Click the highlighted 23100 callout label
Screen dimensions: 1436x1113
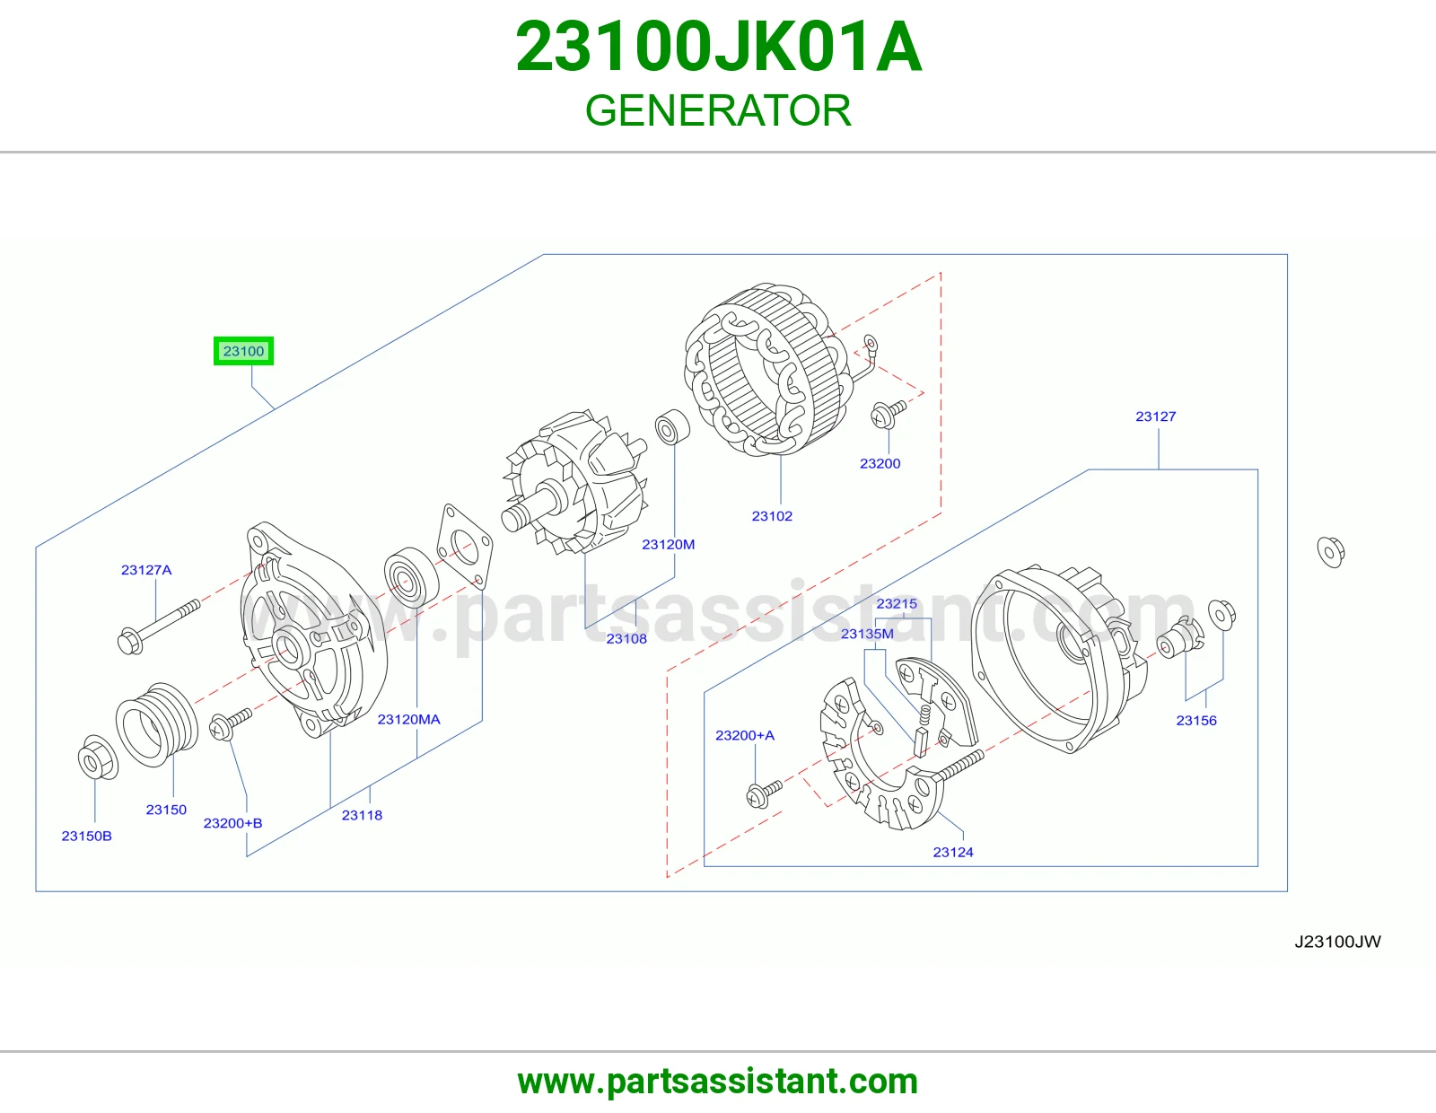pyautogui.click(x=243, y=350)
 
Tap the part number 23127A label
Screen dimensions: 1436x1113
pyautogui.click(x=146, y=570)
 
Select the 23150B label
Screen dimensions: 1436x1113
pyautogui.click(x=86, y=836)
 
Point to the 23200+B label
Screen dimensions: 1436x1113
pyautogui.click(x=232, y=823)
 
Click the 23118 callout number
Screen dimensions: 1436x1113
pyautogui.click(x=362, y=815)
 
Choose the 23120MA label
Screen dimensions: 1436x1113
pyautogui.click(x=408, y=719)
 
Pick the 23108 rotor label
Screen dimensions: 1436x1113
pyautogui.click(x=626, y=638)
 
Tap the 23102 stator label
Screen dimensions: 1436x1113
pyautogui.click(x=772, y=516)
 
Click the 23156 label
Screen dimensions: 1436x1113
pyautogui.click(x=1196, y=721)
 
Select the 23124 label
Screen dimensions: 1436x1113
pyautogui.click(x=953, y=852)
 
